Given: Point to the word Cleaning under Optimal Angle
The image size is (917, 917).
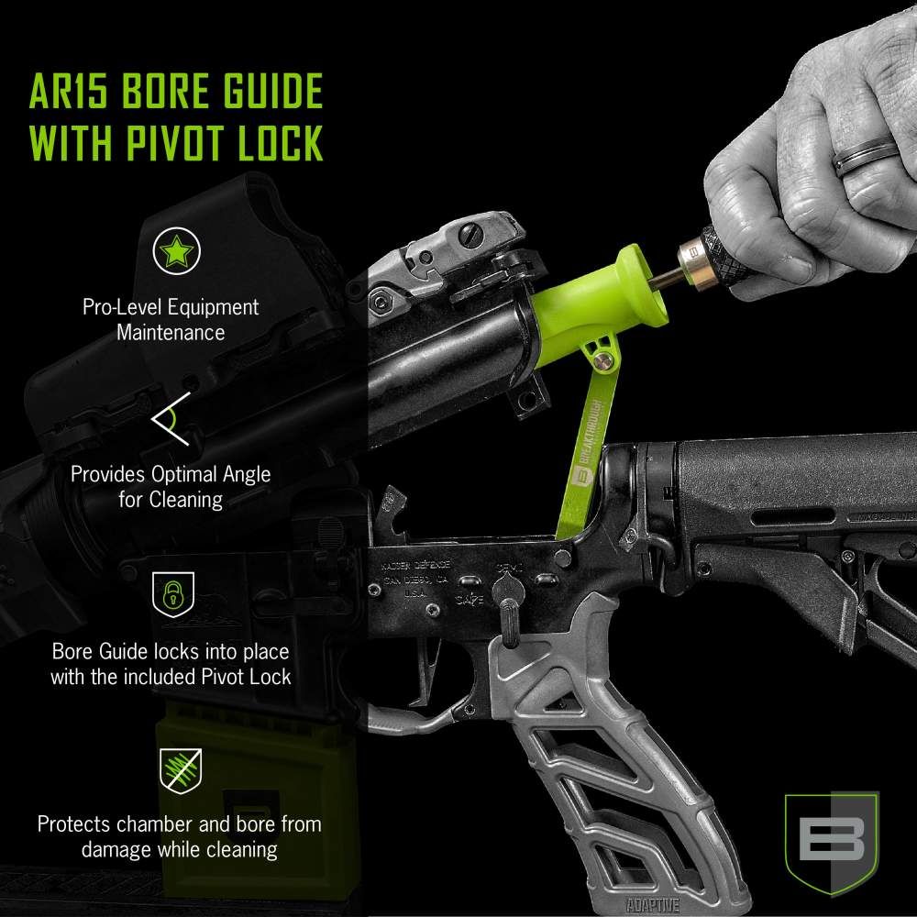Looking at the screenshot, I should click(188, 500).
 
